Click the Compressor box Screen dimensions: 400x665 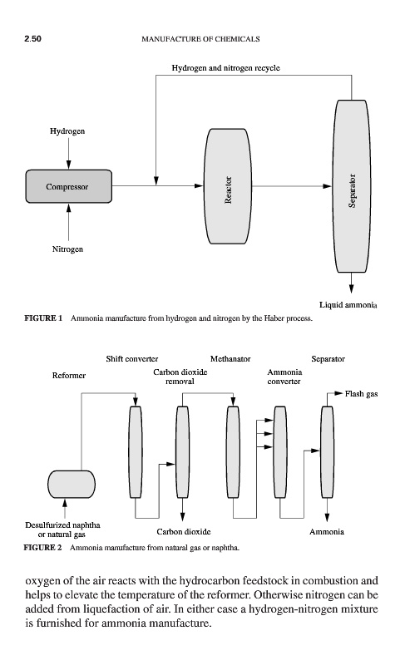(x=69, y=186)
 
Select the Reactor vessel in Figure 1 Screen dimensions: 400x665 (x=228, y=186)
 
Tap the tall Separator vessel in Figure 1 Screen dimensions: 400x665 (x=351, y=186)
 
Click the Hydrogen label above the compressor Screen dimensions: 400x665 (x=67, y=131)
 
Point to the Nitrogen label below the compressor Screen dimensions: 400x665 (x=67, y=249)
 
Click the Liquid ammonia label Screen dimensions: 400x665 (x=348, y=305)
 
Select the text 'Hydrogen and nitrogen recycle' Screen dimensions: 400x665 (x=225, y=68)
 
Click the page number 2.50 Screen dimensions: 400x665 (x=32, y=39)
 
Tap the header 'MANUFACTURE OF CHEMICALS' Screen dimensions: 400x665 (x=200, y=39)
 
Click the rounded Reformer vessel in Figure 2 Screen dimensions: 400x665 (x=72, y=484)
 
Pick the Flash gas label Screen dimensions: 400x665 (x=361, y=394)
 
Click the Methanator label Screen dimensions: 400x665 (x=230, y=359)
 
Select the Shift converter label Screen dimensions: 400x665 (x=132, y=359)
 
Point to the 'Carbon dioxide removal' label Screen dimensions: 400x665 (x=180, y=377)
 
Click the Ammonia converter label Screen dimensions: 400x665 (x=284, y=377)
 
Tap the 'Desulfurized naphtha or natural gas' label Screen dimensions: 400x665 (x=62, y=530)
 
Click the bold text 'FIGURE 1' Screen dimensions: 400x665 (x=43, y=318)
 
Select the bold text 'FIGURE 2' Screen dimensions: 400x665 (x=42, y=548)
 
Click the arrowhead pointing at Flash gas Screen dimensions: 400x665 (x=338, y=393)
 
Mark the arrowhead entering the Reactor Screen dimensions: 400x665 (x=200, y=185)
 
